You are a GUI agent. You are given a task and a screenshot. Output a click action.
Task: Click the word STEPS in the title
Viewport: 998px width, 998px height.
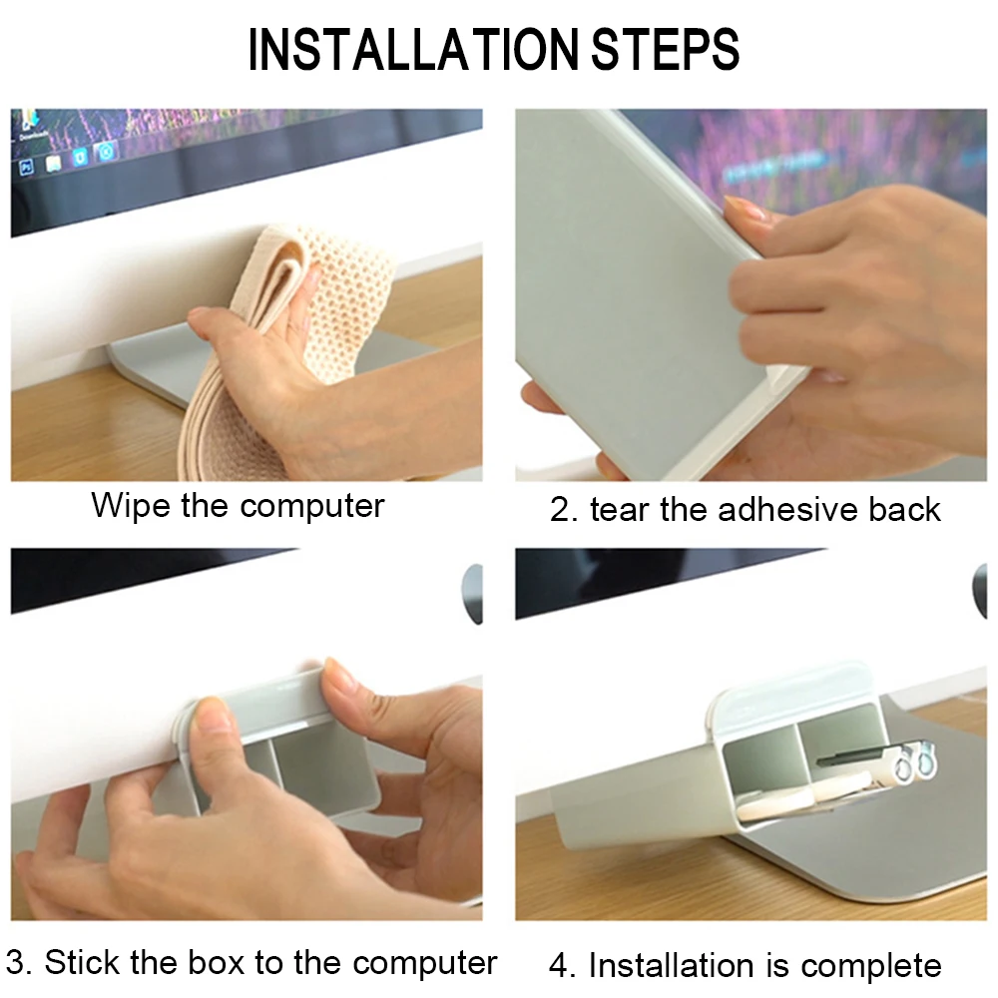point(665,49)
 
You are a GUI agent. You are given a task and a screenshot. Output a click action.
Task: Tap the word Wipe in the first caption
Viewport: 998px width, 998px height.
point(131,507)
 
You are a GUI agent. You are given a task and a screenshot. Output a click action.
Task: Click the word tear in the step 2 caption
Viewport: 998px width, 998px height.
point(620,510)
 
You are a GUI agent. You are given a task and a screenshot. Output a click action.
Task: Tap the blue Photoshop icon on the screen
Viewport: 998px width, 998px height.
point(27,168)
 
